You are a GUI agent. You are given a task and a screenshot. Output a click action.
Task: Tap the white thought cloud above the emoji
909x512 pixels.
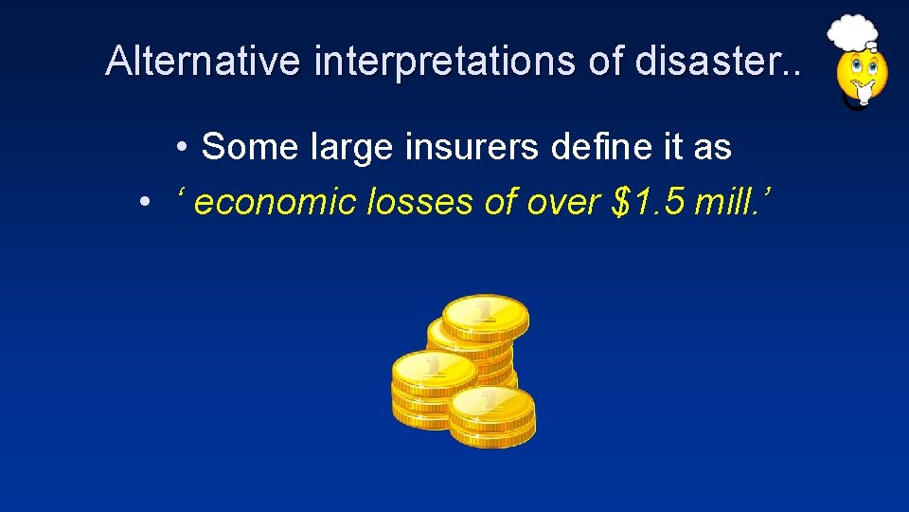(852, 33)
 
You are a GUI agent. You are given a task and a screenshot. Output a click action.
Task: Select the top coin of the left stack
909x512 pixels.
(433, 368)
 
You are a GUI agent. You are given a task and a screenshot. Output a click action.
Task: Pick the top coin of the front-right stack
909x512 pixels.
(491, 403)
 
